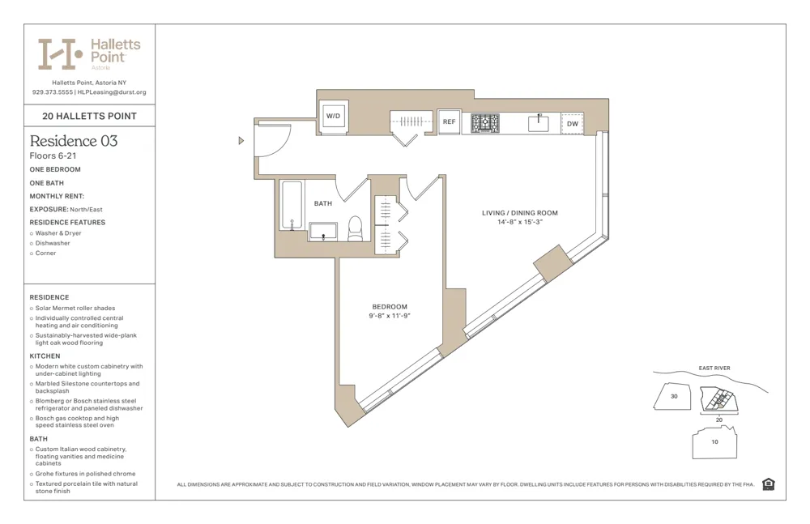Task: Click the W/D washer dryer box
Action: [x=333, y=117]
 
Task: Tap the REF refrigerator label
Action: [x=449, y=122]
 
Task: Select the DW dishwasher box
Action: [x=572, y=124]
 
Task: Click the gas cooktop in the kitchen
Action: [x=485, y=123]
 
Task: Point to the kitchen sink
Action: [x=538, y=124]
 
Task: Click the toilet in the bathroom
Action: [x=355, y=229]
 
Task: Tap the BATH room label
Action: [x=323, y=203]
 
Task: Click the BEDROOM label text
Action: [x=390, y=307]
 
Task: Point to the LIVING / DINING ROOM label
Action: [x=519, y=213]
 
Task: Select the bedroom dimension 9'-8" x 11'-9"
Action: [x=390, y=317]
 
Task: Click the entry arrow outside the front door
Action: [x=241, y=141]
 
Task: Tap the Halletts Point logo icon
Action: [x=61, y=53]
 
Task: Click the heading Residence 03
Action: [x=74, y=141]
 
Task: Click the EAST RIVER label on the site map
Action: [x=714, y=369]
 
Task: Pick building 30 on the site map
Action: [x=673, y=397]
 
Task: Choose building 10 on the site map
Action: [x=714, y=442]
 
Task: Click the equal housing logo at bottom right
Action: [x=768, y=484]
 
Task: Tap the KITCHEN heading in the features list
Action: [x=45, y=356]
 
